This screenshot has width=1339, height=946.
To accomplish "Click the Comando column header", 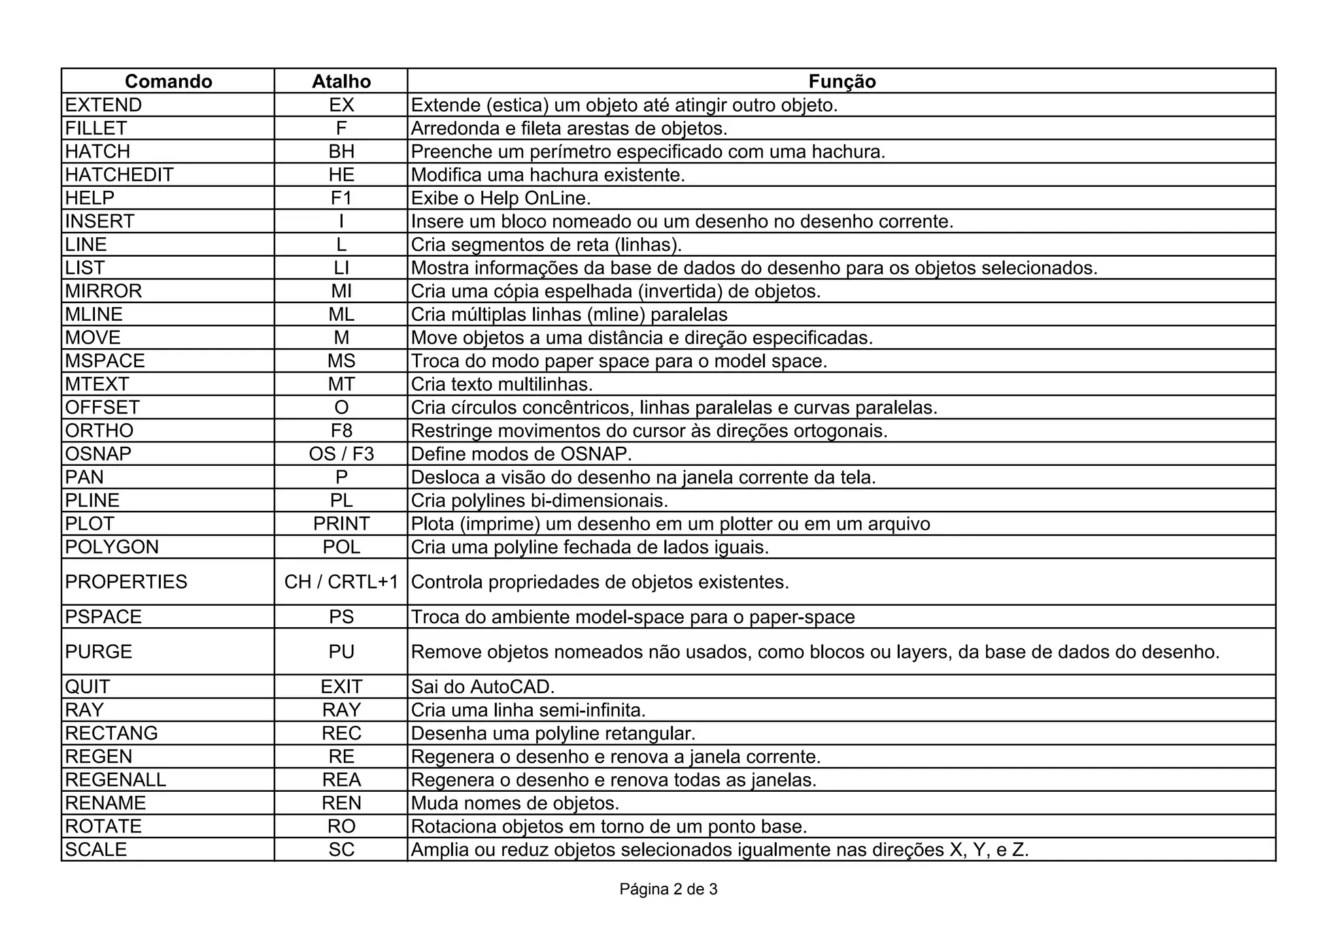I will pyautogui.click(x=168, y=81).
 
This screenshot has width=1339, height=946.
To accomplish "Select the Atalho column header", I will pyautogui.click(x=341, y=81).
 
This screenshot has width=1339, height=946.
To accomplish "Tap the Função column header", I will pyautogui.click(x=841, y=81).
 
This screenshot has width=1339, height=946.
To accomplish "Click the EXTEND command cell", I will pyautogui.click(x=103, y=105).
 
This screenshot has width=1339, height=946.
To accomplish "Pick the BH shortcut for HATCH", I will pyautogui.click(x=341, y=152).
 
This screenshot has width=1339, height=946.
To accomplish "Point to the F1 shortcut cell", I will pyautogui.click(x=341, y=198).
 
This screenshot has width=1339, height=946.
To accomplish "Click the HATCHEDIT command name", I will pyautogui.click(x=119, y=175).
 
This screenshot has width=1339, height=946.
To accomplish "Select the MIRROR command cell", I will pyautogui.click(x=103, y=291).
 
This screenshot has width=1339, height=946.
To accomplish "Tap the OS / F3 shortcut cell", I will pyautogui.click(x=341, y=454).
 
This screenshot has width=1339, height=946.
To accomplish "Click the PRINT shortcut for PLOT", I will pyautogui.click(x=341, y=524).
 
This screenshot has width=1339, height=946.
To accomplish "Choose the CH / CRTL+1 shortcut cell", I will pyautogui.click(x=341, y=582).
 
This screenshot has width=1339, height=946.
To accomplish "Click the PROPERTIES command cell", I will pyautogui.click(x=126, y=582).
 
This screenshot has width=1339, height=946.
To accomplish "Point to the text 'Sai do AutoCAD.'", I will pyautogui.click(x=483, y=687).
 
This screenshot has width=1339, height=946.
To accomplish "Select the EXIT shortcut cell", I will pyautogui.click(x=341, y=687).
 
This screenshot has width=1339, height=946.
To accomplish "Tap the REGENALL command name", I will pyautogui.click(x=116, y=780).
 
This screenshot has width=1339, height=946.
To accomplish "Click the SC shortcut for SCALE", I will pyautogui.click(x=341, y=850).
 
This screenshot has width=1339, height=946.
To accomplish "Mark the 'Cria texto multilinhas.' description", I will pyautogui.click(x=501, y=384).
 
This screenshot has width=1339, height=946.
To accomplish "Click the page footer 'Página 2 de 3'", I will pyautogui.click(x=668, y=889).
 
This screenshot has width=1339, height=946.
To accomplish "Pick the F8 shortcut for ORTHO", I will pyautogui.click(x=341, y=431).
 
